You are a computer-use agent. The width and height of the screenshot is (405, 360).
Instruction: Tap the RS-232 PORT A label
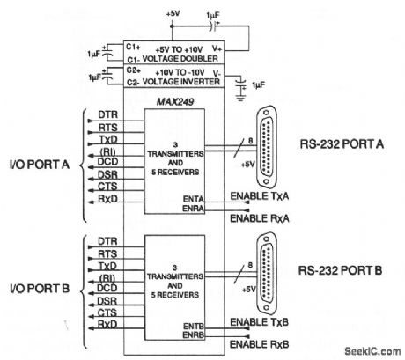tap(342, 145)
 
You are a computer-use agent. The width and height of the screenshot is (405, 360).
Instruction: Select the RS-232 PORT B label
tap(342, 270)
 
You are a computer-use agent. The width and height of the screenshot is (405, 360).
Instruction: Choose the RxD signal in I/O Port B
tap(107, 325)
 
